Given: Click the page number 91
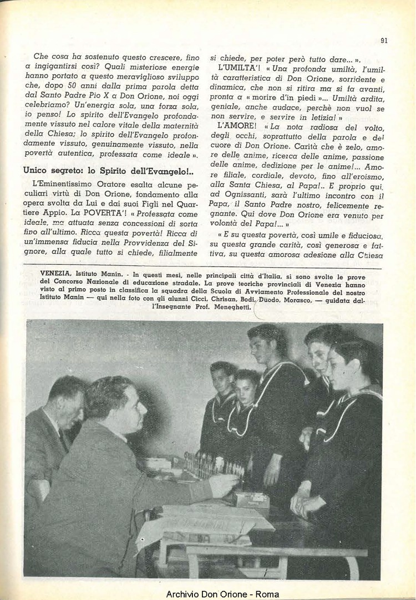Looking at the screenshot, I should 384,40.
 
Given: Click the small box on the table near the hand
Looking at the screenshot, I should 251,499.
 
